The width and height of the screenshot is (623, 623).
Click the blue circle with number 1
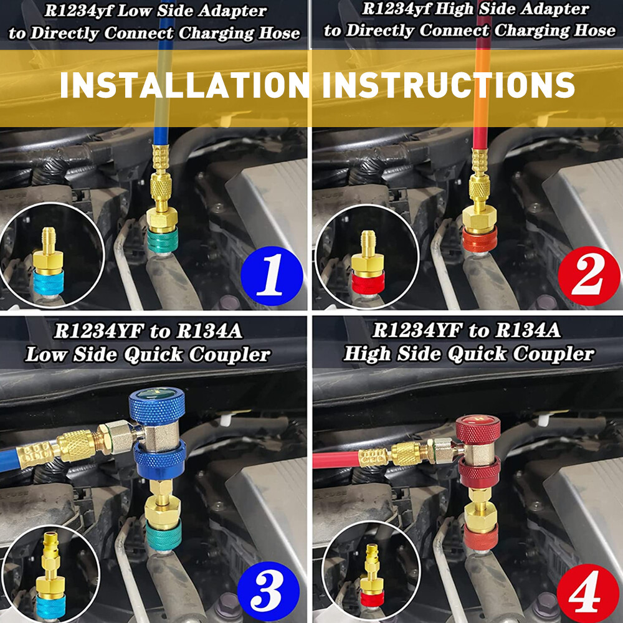(272, 276)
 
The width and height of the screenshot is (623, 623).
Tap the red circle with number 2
(589, 276)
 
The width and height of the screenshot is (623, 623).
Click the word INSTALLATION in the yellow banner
(184, 85)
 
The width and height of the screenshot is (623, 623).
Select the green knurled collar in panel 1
(163, 240)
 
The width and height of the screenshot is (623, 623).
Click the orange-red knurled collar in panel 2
(480, 239)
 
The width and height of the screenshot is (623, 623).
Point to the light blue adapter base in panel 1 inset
(48, 282)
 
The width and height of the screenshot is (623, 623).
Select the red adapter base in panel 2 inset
(368, 282)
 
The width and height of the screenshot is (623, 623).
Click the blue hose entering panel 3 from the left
(9, 460)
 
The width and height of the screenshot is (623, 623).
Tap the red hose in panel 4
(336, 460)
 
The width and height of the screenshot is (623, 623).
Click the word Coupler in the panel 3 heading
(230, 355)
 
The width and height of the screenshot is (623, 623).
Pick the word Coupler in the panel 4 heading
(553, 354)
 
